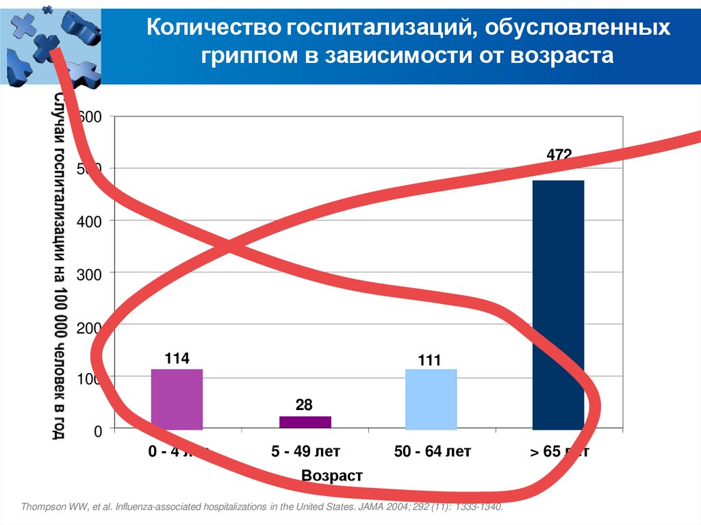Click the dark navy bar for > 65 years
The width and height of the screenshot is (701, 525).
[x=558, y=305]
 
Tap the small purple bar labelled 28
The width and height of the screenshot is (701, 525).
[x=305, y=422]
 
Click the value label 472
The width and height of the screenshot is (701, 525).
[x=559, y=156]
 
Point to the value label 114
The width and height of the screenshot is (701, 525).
[x=177, y=359]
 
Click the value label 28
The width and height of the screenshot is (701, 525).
[x=305, y=406]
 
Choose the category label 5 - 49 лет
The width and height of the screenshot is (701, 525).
[x=305, y=452]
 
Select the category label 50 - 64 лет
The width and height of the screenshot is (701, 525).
[x=433, y=452]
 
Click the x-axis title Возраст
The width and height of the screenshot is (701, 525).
[x=331, y=476]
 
